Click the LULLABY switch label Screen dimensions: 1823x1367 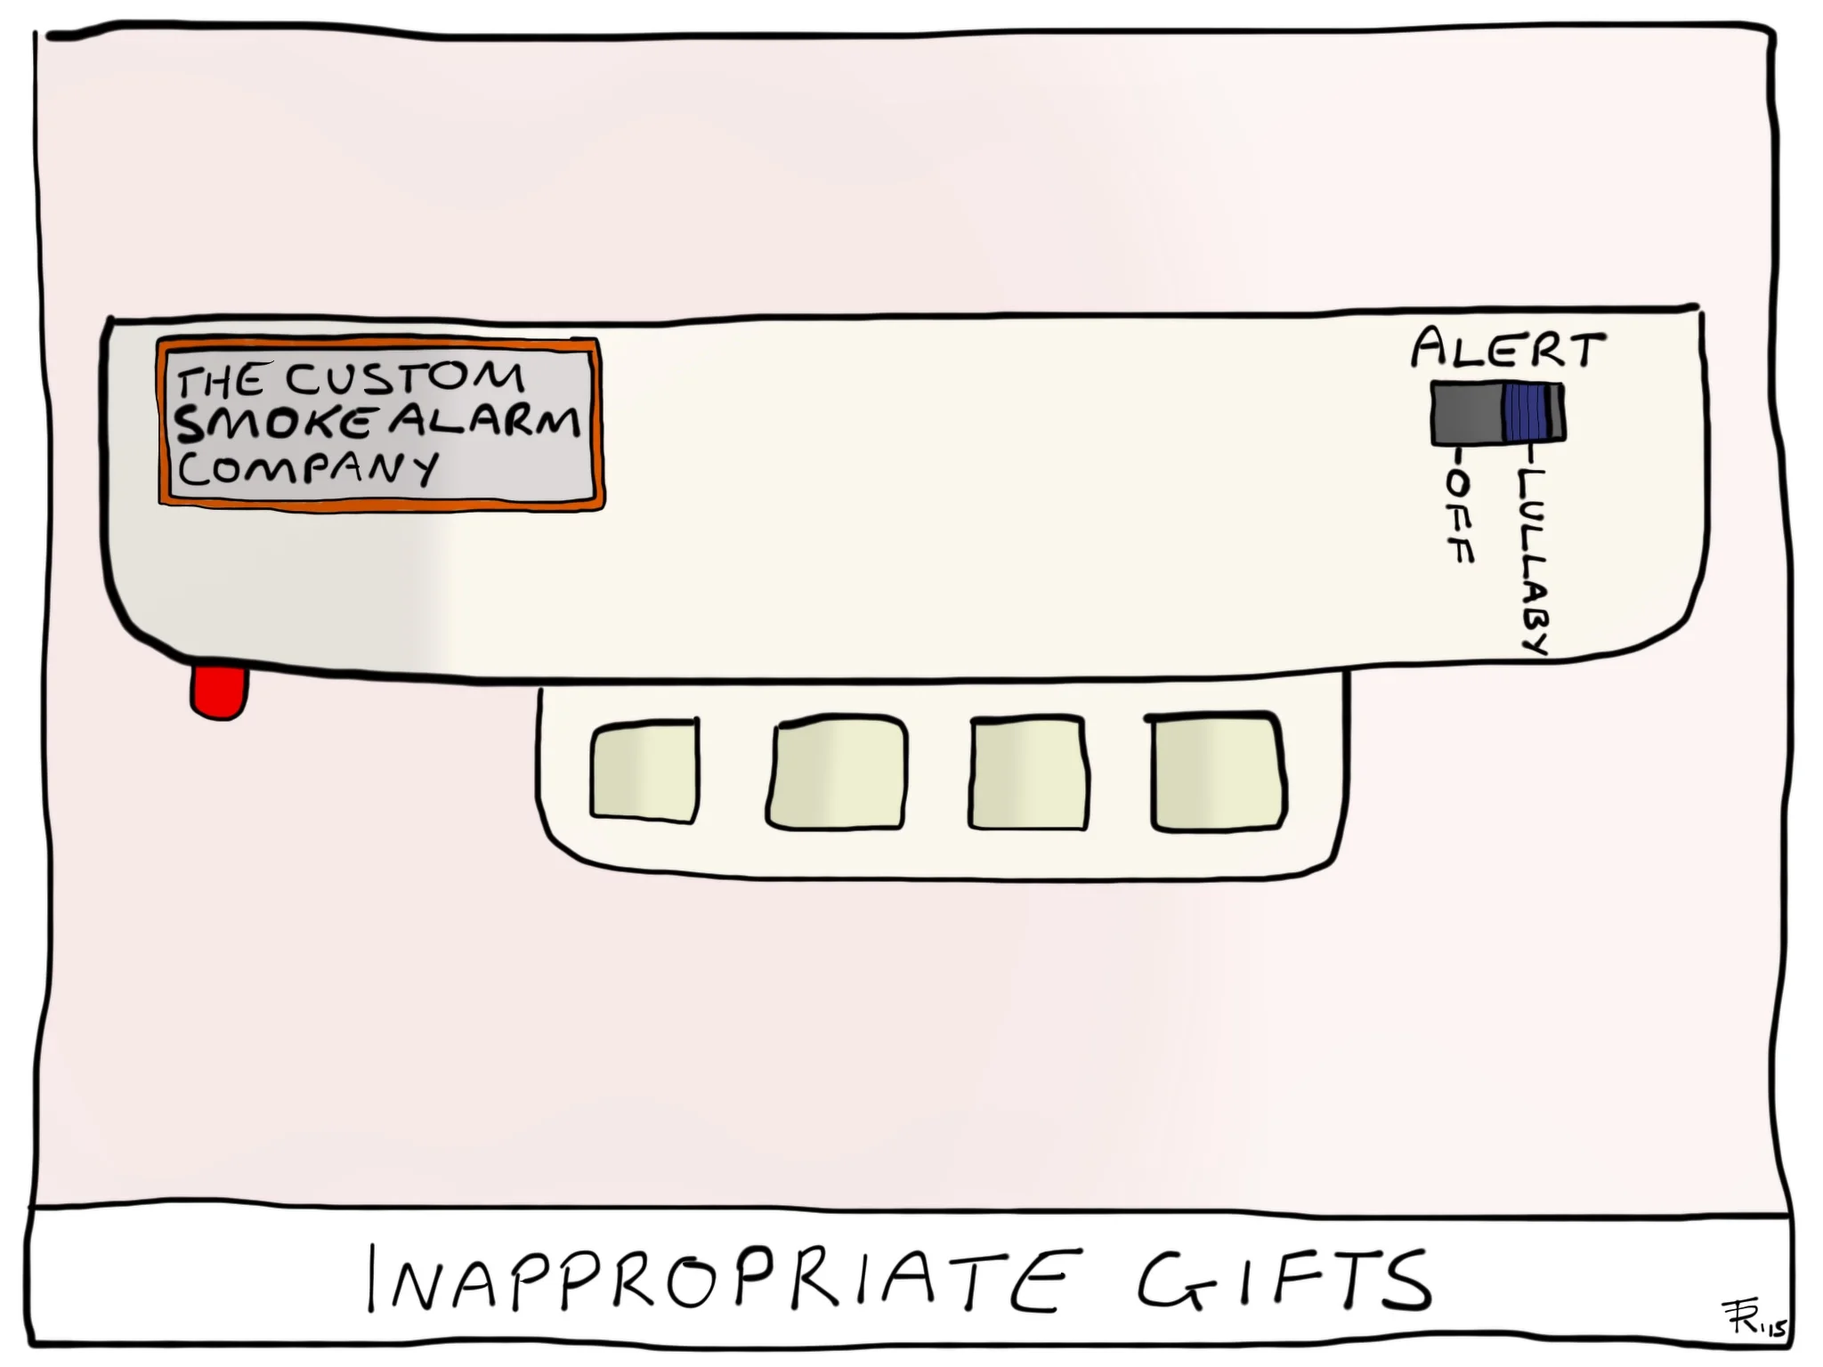pos(1533,561)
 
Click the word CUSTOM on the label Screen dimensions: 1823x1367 pos(405,377)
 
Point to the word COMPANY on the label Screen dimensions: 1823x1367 pos(308,468)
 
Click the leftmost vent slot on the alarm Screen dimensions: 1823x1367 pos(644,771)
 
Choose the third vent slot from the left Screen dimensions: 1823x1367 pos(1028,771)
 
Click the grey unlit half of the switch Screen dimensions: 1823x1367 pos(1466,413)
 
